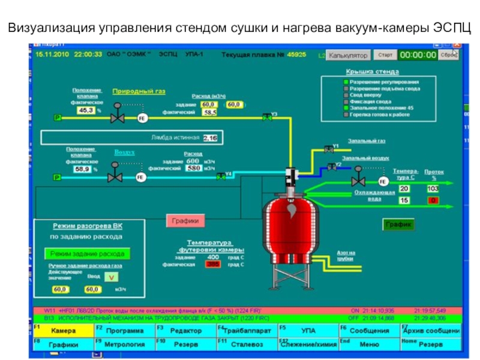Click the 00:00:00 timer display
[x=418, y=55]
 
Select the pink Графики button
[x=185, y=221]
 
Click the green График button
[x=398, y=224]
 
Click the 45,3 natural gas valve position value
[x=86, y=110]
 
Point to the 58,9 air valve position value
[x=82, y=170]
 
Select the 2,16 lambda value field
[x=210, y=138]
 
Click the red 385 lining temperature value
[x=212, y=264]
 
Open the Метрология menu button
[x=124, y=345]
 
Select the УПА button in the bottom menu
[x=308, y=331]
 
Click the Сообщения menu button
[x=369, y=331]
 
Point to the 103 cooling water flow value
[x=433, y=188]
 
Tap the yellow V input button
[x=112, y=277]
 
